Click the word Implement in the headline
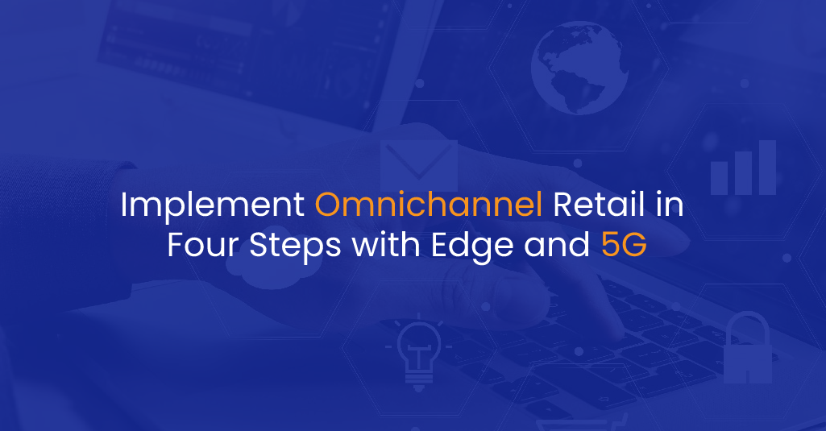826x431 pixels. [212, 205]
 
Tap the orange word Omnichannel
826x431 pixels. [429, 204]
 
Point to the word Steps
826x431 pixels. [295, 247]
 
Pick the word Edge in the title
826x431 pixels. [472, 247]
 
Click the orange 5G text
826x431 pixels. [624, 245]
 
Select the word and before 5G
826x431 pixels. [557, 245]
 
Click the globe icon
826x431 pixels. [579, 68]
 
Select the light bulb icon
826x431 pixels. [418, 351]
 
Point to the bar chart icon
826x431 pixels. [743, 168]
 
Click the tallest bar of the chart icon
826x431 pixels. [767, 168]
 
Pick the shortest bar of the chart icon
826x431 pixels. [719, 178]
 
